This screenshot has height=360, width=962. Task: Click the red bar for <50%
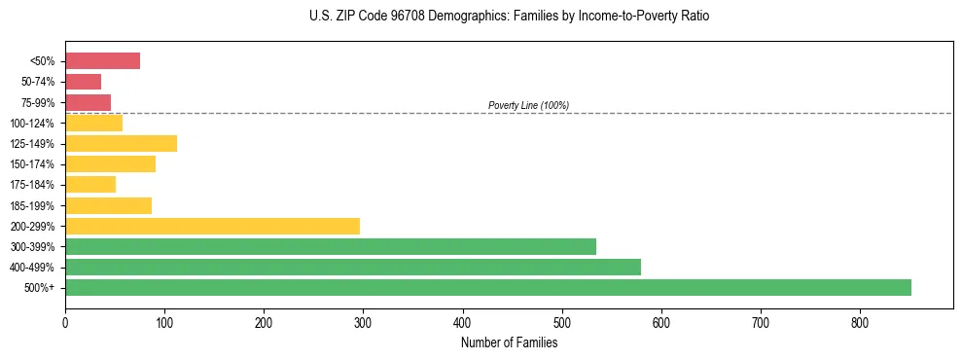pos(102,61)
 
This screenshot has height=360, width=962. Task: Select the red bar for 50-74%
pos(83,82)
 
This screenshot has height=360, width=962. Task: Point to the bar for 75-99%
pos(88,102)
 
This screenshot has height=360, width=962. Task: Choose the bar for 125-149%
pos(121,143)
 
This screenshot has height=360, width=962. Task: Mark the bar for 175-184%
pos(90,184)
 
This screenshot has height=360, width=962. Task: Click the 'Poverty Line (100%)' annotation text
pos(528,105)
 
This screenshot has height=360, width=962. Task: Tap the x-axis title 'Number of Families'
pos(509,342)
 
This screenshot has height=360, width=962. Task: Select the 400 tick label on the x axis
pos(462,323)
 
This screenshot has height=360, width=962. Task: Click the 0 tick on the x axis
pos(65,323)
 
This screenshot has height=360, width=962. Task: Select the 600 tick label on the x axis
pos(661,323)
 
